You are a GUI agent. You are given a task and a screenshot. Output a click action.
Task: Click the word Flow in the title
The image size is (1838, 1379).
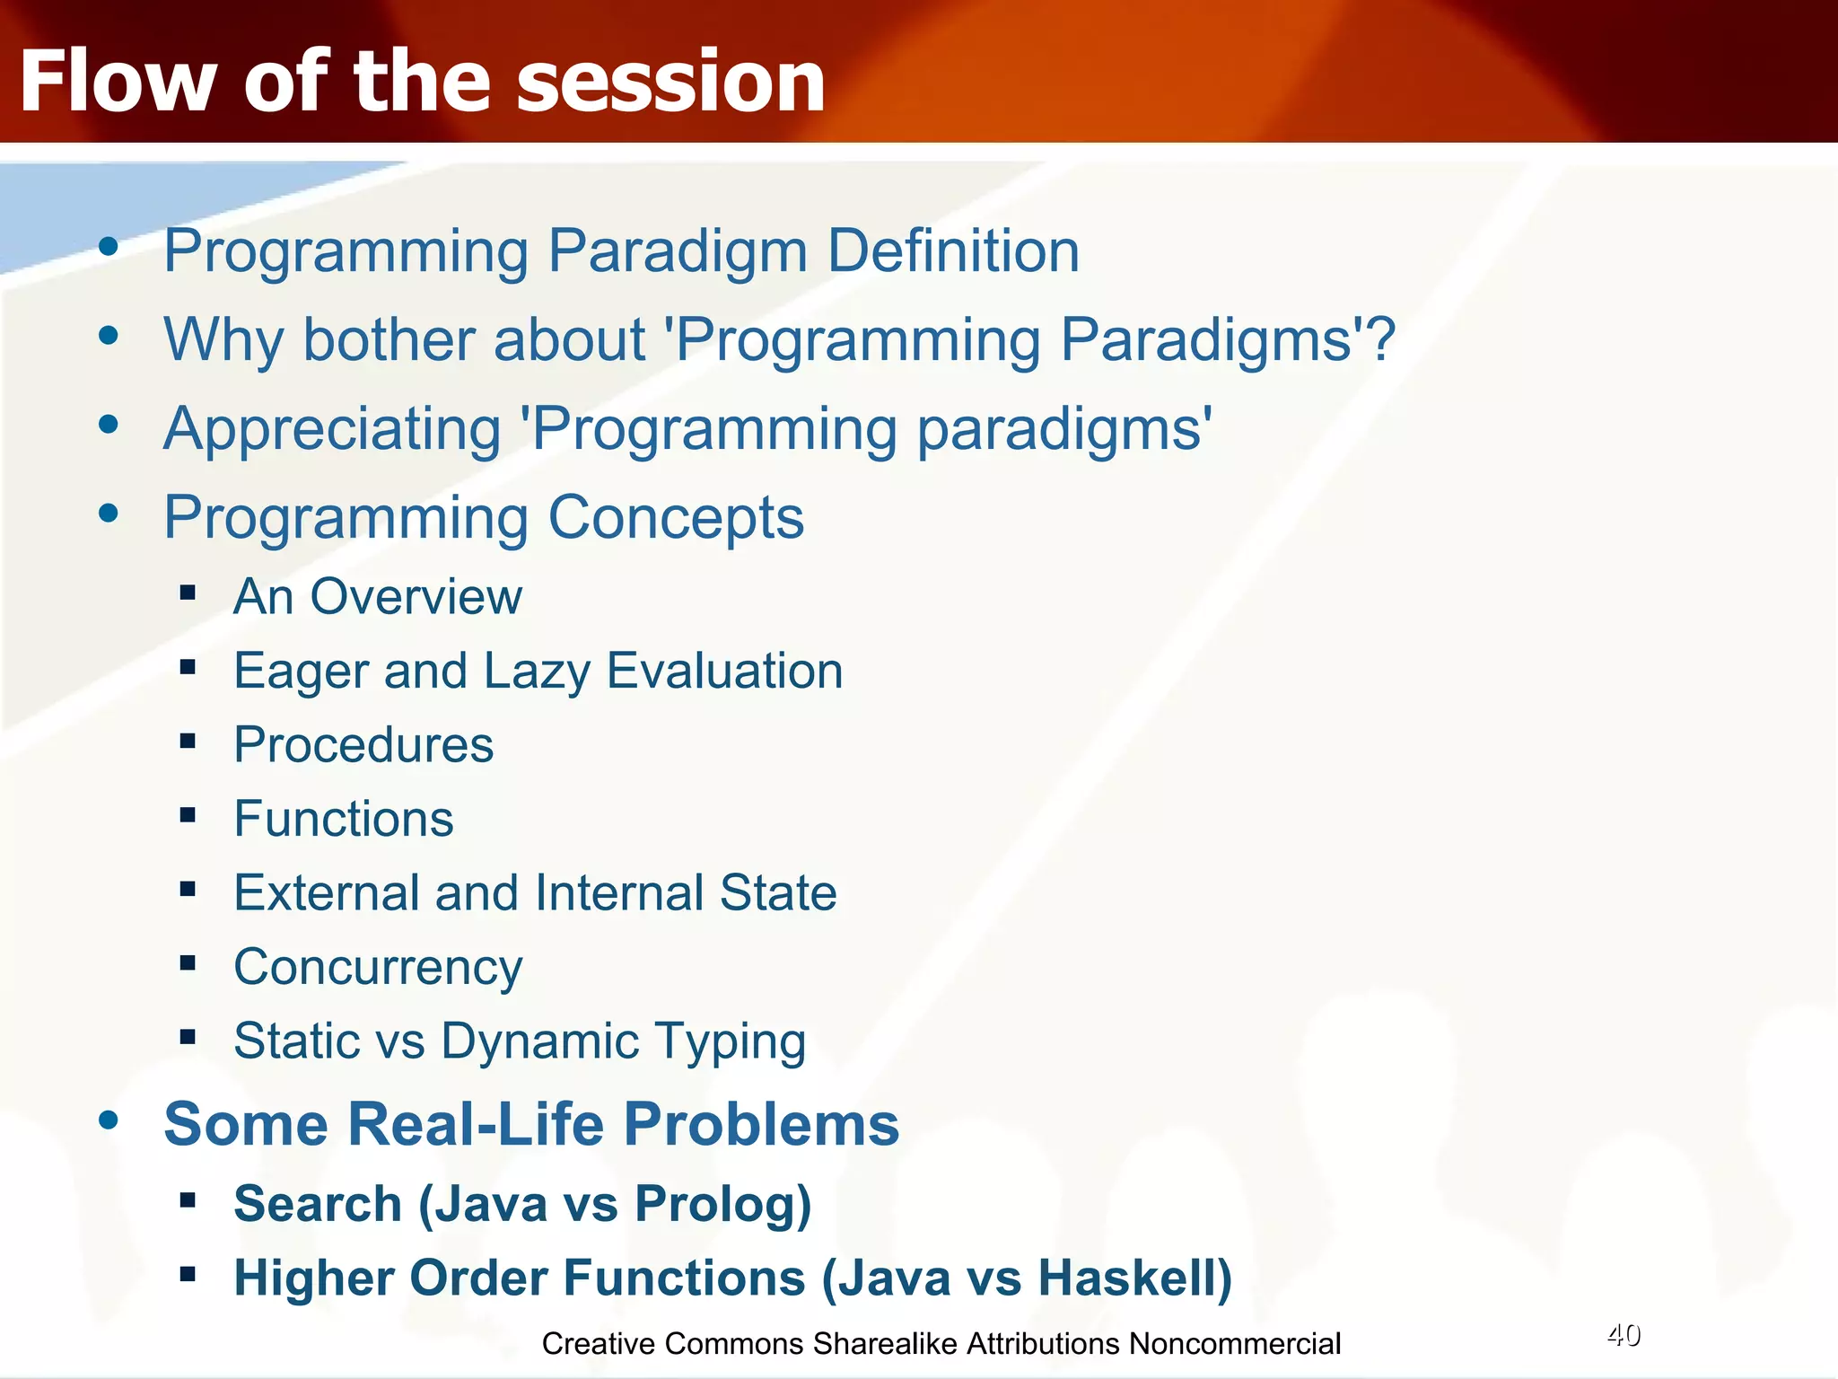point(117,81)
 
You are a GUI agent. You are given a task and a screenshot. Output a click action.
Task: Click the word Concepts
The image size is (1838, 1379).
point(676,518)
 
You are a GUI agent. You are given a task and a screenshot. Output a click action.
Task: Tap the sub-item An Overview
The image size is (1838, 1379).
point(378,596)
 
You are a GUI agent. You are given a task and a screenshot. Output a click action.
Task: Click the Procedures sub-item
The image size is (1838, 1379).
point(363,745)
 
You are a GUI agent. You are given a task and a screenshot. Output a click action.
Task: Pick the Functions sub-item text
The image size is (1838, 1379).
point(344,819)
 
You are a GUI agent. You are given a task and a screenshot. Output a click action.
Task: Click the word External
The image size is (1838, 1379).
point(327,892)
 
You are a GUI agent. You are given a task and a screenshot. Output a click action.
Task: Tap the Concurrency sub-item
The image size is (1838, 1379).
point(378,969)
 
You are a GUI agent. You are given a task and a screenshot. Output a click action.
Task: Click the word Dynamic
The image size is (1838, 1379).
point(539,1042)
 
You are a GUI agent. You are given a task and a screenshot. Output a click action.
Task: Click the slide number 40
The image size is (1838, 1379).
point(1624,1336)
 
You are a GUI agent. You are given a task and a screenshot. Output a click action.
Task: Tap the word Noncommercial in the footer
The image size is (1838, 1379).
point(1235,1344)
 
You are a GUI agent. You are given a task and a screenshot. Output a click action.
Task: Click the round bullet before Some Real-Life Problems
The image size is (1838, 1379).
point(109,1120)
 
